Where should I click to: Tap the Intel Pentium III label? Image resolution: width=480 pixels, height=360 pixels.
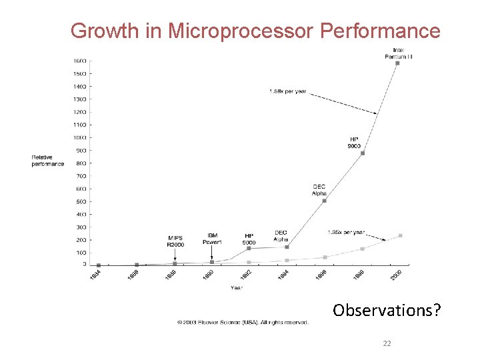point(398,53)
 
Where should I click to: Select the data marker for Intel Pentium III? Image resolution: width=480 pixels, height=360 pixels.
point(397,63)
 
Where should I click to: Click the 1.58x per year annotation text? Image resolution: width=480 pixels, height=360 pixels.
point(287,91)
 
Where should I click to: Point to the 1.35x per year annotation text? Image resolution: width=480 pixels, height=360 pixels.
point(346,232)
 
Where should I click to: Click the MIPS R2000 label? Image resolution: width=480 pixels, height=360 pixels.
point(175,241)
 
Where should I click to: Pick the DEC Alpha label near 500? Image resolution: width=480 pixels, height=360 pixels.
point(319,190)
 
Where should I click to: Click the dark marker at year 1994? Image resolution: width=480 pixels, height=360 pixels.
point(287,247)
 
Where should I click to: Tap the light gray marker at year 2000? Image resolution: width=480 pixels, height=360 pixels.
point(400,235)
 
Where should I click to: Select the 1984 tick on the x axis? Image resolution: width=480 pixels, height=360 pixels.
point(96,274)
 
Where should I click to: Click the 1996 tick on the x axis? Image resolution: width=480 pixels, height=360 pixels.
point(322,274)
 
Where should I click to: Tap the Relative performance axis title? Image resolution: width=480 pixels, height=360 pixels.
point(48,160)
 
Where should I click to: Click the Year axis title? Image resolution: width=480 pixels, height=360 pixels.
point(237,288)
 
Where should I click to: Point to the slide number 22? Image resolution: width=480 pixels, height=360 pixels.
point(387,344)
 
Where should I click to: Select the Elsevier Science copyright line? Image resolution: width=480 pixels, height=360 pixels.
point(243,323)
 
